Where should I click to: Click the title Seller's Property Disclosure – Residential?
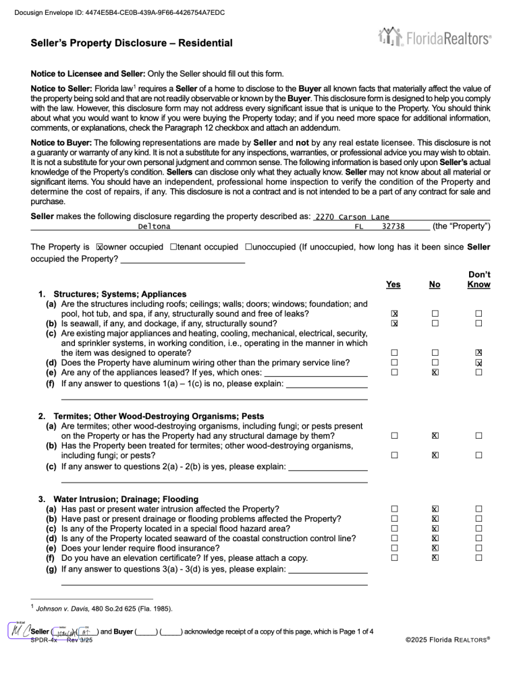[132, 44]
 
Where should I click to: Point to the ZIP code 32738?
[393, 226]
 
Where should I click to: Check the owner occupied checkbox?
[100, 247]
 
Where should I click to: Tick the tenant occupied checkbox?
[174, 247]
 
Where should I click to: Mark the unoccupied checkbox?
[249, 247]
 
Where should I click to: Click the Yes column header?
[393, 284]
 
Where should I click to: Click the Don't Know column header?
[478, 280]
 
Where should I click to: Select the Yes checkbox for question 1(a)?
[395, 314]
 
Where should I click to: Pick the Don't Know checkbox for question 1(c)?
[478, 353]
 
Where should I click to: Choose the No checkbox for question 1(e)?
[436, 372]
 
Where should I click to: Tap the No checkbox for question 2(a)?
[436, 436]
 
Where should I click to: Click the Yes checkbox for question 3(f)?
[395, 557]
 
